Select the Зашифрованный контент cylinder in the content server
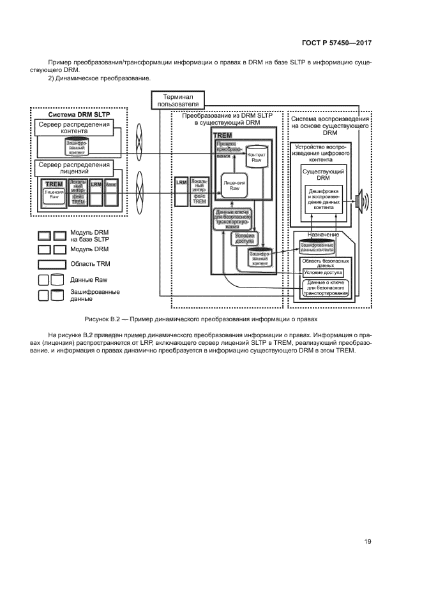76,148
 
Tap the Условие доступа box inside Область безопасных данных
323,273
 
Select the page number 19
368,542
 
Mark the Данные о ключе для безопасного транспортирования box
324,287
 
